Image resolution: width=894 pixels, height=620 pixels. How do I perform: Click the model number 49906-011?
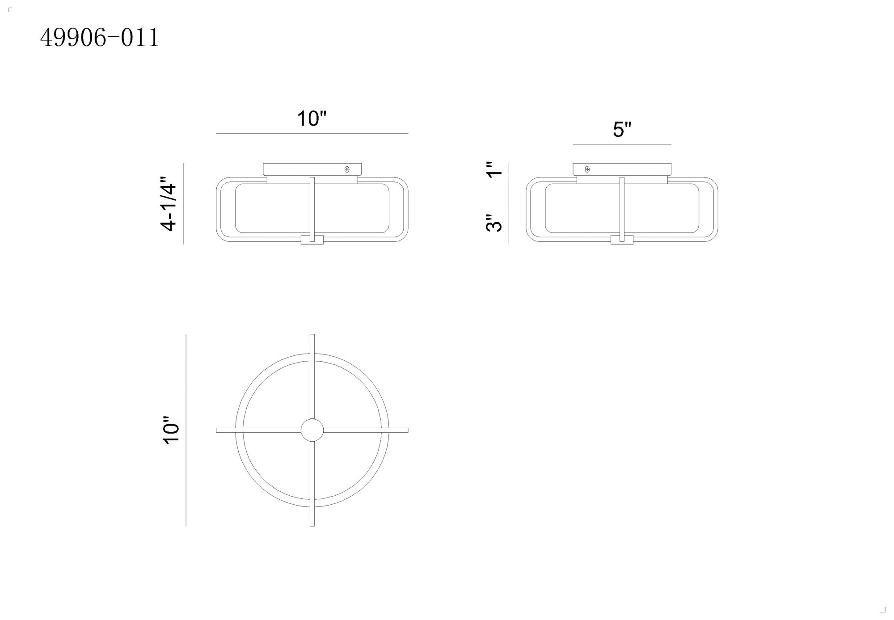(x=100, y=38)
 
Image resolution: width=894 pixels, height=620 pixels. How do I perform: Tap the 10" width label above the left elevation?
(x=312, y=119)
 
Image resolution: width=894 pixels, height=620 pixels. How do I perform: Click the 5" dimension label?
(x=622, y=130)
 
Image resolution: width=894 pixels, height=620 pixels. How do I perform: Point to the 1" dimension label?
(x=495, y=169)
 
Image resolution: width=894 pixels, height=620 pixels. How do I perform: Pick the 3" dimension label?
(x=494, y=223)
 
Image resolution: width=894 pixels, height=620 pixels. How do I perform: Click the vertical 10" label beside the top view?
(x=171, y=430)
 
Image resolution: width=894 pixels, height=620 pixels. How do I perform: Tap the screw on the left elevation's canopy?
(x=347, y=169)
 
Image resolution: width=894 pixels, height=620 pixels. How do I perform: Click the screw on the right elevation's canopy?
(x=587, y=169)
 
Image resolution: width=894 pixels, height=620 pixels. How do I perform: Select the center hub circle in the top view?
(x=312, y=430)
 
